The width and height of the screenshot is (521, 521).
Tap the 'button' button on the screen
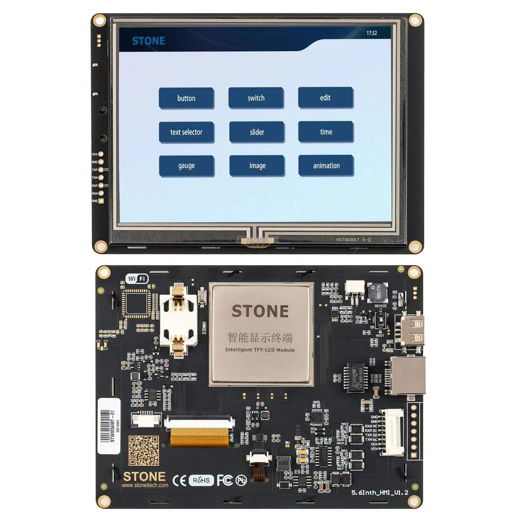[x=186, y=98]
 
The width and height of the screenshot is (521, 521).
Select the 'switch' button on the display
[x=256, y=98]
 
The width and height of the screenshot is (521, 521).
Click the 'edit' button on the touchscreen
[x=325, y=98]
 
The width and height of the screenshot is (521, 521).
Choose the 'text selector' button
[x=186, y=132]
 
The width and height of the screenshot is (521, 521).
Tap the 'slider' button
[x=257, y=132]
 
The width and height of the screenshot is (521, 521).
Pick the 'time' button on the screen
[x=326, y=131]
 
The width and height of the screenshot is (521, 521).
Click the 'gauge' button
[x=186, y=166]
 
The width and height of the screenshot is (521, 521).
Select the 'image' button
[x=257, y=166]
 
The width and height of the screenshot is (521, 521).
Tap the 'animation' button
[x=326, y=166]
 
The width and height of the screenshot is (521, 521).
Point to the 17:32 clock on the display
[x=372, y=33]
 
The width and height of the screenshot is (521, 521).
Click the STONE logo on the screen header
[x=149, y=41]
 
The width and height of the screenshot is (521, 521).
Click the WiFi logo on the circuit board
[x=137, y=279]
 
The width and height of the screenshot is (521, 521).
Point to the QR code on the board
[x=144, y=451]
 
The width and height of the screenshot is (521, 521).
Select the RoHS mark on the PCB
[x=201, y=480]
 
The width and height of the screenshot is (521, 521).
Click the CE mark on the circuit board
[x=180, y=480]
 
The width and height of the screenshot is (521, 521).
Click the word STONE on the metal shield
[x=260, y=311]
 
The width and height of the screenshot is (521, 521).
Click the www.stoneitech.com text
[x=145, y=485]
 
